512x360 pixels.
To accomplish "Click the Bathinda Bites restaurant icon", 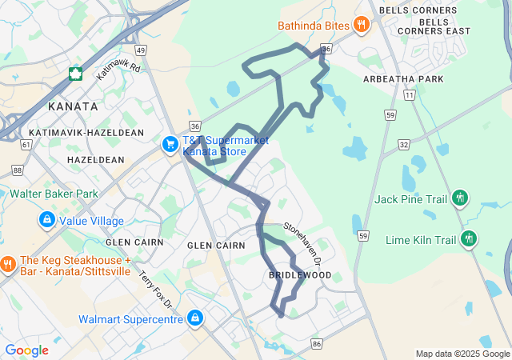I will [362, 25].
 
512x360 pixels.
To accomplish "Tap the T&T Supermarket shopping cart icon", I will [170, 144].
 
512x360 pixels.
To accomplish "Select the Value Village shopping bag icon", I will [46, 219].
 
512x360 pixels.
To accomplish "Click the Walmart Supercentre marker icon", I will [194, 318].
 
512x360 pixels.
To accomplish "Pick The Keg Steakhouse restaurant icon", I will [8, 262].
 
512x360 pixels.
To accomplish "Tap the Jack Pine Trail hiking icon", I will [459, 197].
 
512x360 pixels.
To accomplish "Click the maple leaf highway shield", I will [76, 74].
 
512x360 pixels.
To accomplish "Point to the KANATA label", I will [72, 106].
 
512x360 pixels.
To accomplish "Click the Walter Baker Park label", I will [54, 194].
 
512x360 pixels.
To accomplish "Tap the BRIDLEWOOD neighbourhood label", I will [299, 275].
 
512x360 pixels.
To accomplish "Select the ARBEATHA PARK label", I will [402, 79].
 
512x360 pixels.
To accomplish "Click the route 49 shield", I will [141, 50].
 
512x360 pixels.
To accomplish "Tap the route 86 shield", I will [318, 344].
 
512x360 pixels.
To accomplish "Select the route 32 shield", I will [404, 145].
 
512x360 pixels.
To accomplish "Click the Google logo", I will [26, 350].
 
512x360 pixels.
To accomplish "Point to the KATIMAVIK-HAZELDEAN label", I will [86, 132].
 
